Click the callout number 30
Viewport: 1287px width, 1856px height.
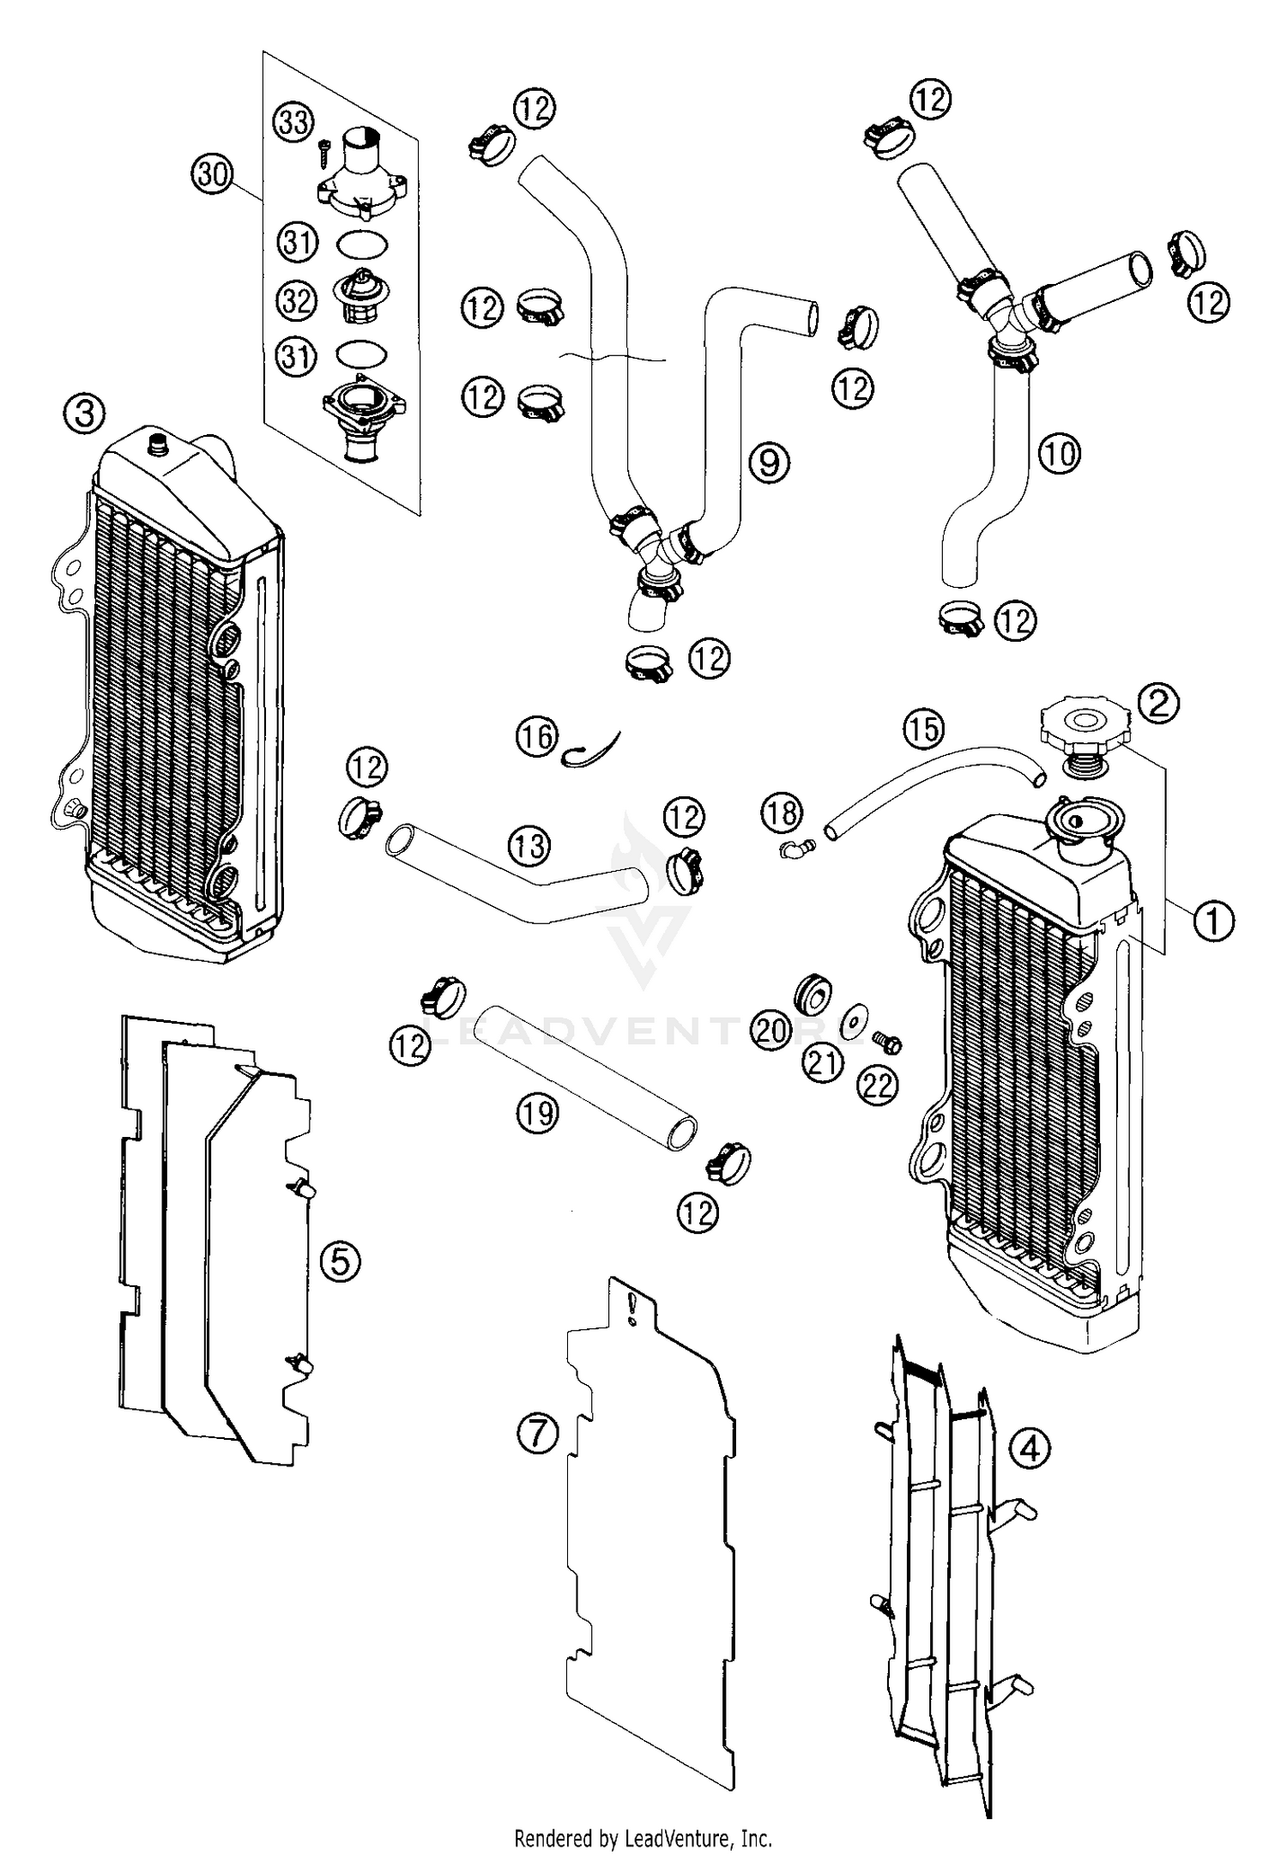212,176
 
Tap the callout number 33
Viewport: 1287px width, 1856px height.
294,122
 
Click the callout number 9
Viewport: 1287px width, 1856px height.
769,463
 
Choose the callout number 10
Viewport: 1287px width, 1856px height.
1060,453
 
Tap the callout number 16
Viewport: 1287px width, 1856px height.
537,736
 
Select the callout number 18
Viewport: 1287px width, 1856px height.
782,812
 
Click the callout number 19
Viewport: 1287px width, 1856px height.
538,1114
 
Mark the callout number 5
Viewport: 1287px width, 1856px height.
341,1262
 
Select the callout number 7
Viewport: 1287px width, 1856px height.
538,1433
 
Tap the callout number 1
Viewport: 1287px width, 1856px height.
1213,922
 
